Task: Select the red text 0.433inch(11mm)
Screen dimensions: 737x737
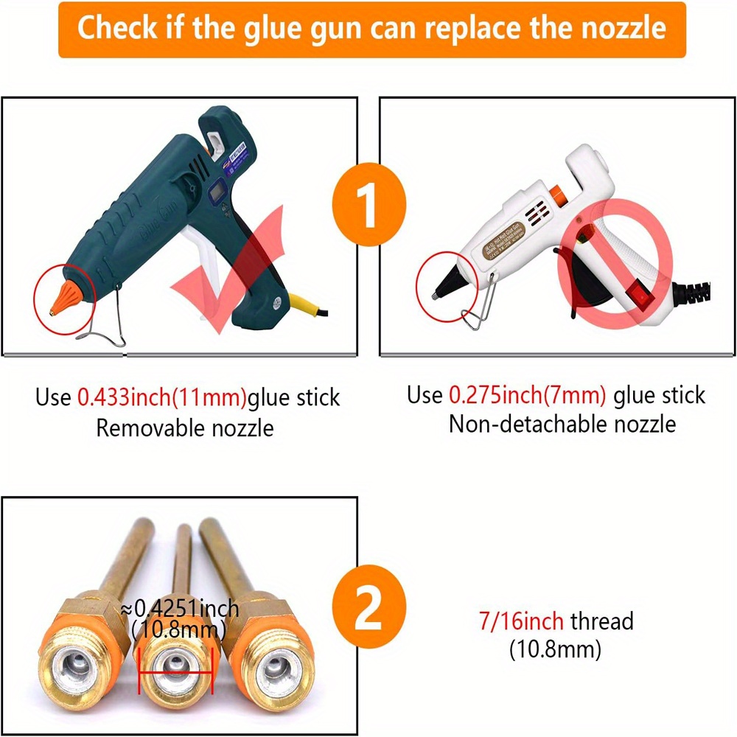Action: pyautogui.click(x=161, y=398)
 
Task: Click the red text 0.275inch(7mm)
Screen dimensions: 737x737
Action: pyautogui.click(x=528, y=395)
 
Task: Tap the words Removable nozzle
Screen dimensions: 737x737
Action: pyautogui.click(x=185, y=427)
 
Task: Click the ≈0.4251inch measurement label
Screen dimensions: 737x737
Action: pyautogui.click(x=180, y=609)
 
